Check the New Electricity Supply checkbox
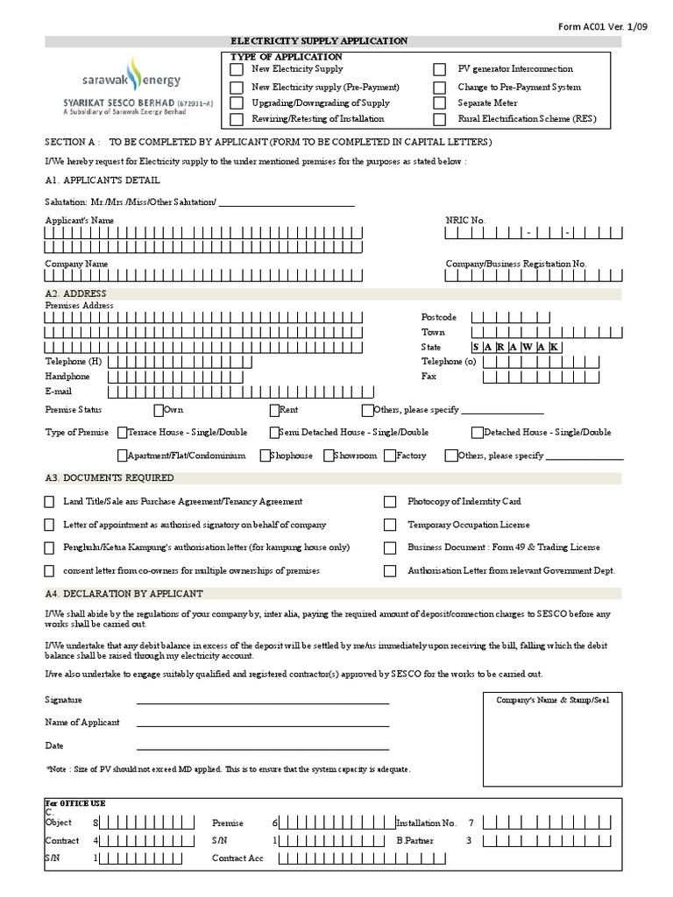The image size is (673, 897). coord(236,69)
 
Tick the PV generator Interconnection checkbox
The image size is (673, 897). coord(440,69)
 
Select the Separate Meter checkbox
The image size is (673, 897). coord(440,102)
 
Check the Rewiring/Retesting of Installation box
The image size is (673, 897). coord(236,119)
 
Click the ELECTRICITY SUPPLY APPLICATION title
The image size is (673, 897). coord(318,41)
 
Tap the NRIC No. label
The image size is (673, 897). coord(465,220)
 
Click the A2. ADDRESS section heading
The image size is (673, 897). coord(75,293)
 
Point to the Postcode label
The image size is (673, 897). coord(439,317)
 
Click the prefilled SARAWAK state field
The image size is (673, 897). coord(516,347)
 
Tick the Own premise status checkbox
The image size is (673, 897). coord(159,409)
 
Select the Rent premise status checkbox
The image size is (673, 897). coord(274,409)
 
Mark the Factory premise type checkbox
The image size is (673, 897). coord(391,456)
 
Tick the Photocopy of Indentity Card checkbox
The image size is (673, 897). coord(390,502)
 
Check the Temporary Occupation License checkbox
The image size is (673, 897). coord(390,525)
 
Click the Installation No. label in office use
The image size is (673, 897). coord(427,823)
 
